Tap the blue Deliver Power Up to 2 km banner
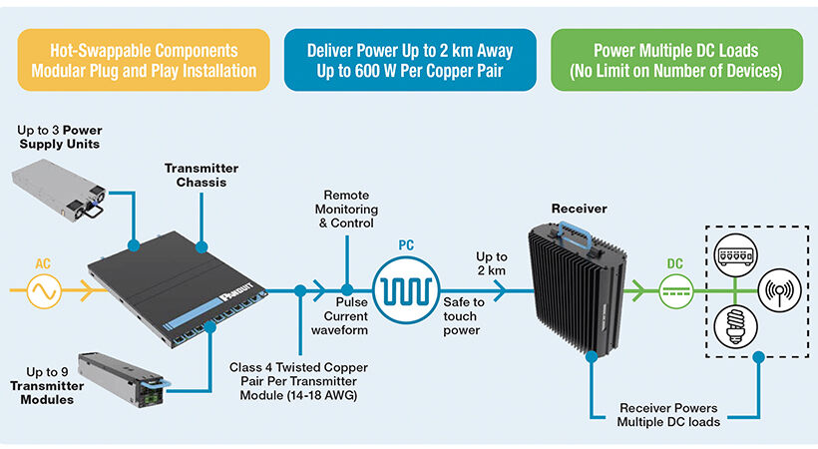409,60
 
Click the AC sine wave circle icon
43,292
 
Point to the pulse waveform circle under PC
406,292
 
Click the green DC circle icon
675,292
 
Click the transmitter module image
120,379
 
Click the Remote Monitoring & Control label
346,210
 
